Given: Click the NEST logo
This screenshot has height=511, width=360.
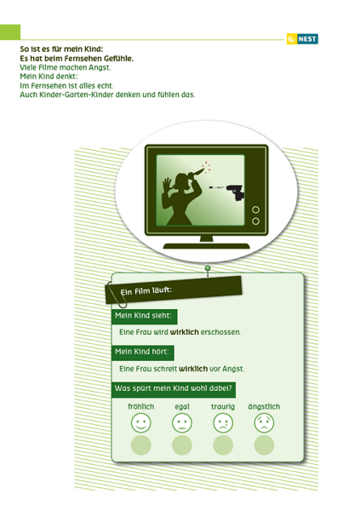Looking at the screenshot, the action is click(302, 39).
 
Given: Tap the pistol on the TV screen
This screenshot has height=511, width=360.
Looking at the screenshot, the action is click(235, 193).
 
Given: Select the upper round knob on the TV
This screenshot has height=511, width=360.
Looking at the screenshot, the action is click(256, 210).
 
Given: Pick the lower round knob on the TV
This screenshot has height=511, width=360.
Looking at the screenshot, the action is click(256, 221).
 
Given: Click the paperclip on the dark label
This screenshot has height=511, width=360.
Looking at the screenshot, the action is click(117, 296).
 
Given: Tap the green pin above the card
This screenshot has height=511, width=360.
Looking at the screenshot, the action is click(208, 268).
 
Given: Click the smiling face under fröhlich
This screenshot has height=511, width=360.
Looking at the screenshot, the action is click(140, 422).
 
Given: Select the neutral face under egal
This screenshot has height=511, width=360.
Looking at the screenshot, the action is click(182, 422).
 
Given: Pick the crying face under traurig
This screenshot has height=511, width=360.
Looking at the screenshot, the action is click(223, 422).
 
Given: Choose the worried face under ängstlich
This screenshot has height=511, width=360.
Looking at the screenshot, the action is click(264, 422).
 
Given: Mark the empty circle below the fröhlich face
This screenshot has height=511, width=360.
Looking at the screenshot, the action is click(140, 445).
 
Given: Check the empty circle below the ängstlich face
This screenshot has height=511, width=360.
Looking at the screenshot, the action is click(264, 445).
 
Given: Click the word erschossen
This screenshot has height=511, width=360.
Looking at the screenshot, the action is click(220, 332).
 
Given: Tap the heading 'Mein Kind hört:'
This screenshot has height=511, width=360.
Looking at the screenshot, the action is click(142, 352).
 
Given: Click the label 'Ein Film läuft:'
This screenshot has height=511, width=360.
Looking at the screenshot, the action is click(146, 290).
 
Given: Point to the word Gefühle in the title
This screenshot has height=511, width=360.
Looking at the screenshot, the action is click(118, 59).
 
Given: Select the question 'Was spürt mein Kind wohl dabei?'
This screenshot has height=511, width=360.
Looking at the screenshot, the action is click(174, 388).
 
